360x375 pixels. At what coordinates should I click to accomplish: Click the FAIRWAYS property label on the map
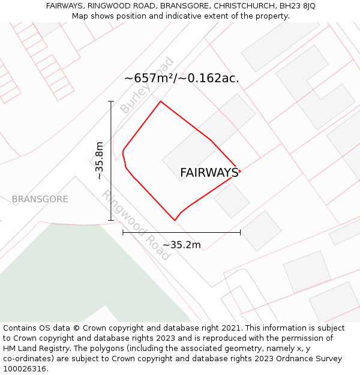click(209, 173)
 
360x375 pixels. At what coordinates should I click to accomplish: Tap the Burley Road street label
click(147, 86)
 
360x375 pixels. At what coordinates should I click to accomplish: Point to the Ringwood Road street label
click(136, 224)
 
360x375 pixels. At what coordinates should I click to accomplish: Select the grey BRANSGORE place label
click(40, 199)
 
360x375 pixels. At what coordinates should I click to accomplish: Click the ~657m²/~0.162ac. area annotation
click(182, 78)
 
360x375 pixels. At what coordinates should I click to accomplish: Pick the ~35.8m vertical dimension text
click(100, 161)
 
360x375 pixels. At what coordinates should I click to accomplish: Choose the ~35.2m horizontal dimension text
click(182, 245)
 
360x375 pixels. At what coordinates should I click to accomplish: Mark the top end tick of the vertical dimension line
click(111, 101)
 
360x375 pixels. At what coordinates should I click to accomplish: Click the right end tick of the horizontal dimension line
click(240, 232)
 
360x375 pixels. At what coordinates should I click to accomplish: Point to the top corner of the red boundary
click(160, 101)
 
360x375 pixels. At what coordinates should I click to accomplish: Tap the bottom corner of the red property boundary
click(175, 220)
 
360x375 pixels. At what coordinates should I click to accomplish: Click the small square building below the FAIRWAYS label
click(232, 200)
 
